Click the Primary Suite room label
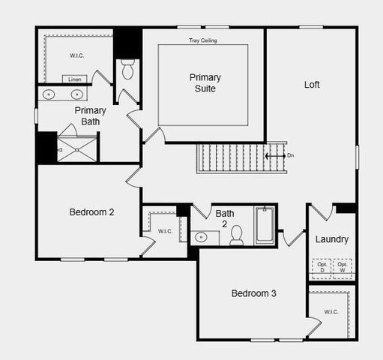(x=204, y=83)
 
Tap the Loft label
(x=312, y=85)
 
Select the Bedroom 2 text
(x=91, y=212)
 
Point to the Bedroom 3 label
(x=253, y=293)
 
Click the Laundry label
(x=331, y=239)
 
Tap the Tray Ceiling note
(x=203, y=40)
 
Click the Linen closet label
(x=74, y=79)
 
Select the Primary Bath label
(x=90, y=115)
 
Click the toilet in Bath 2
(x=237, y=235)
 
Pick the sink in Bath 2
(x=201, y=238)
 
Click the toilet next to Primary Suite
(x=127, y=70)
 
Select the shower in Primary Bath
(x=78, y=148)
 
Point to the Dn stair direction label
(x=291, y=155)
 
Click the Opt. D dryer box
(x=322, y=266)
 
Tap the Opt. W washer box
(x=343, y=266)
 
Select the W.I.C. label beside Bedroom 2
(x=165, y=231)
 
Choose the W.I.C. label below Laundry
(x=331, y=311)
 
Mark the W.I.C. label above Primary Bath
(x=77, y=55)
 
